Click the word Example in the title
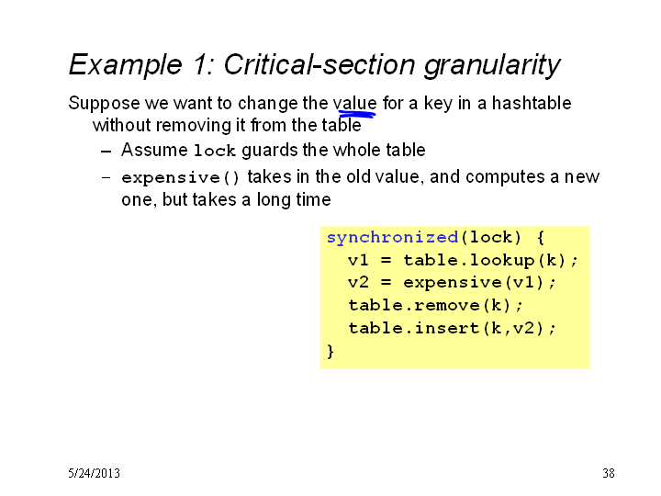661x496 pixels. [125, 65]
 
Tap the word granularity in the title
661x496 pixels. [492, 65]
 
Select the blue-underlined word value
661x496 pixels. [354, 103]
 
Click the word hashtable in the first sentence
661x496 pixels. [532, 103]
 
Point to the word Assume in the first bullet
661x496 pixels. [154, 150]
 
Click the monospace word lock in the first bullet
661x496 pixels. [214, 151]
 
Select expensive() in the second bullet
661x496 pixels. [181, 177]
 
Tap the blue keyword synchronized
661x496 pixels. [393, 237]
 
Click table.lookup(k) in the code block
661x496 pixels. [486, 260]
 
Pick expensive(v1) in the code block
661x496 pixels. [475, 283]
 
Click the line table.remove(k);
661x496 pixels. [435, 305]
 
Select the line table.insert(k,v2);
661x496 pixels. [453, 328]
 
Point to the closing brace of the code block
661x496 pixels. [330, 351]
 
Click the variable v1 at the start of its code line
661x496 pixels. [358, 260]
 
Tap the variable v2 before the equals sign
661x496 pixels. [358, 283]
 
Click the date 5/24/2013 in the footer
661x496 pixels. [94, 473]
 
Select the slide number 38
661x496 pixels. [609, 473]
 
